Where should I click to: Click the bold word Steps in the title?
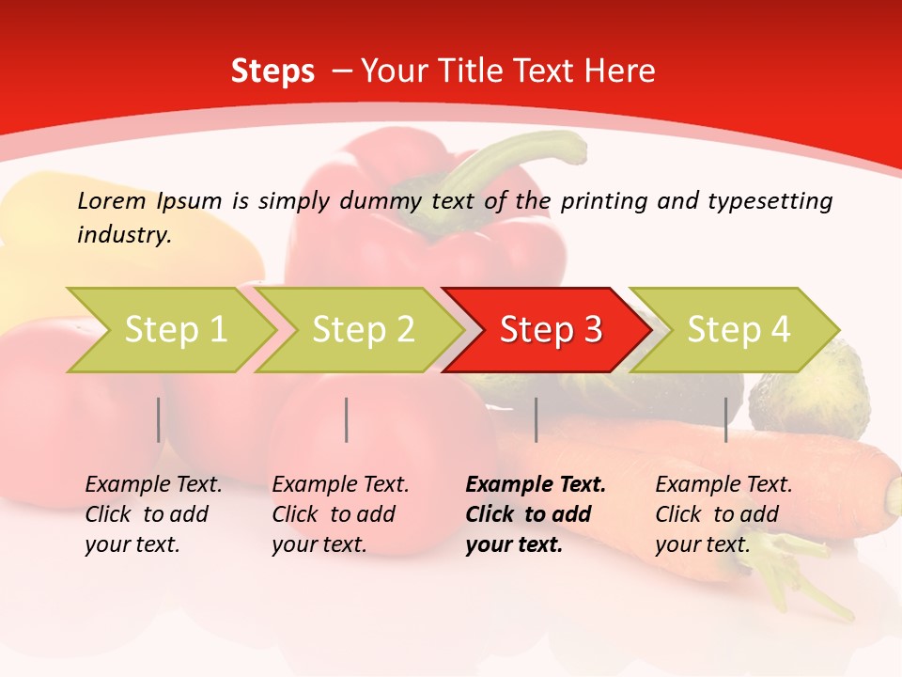[272, 71]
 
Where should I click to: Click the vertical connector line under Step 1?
[159, 419]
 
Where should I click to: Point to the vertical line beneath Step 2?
[347, 419]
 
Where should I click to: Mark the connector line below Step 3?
[536, 419]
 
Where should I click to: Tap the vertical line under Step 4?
[725, 419]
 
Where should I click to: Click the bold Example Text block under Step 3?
[536, 514]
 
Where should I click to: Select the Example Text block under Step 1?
[154, 514]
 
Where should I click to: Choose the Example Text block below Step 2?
[340, 514]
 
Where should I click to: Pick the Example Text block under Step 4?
[723, 514]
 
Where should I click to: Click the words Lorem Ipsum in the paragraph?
[150, 201]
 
